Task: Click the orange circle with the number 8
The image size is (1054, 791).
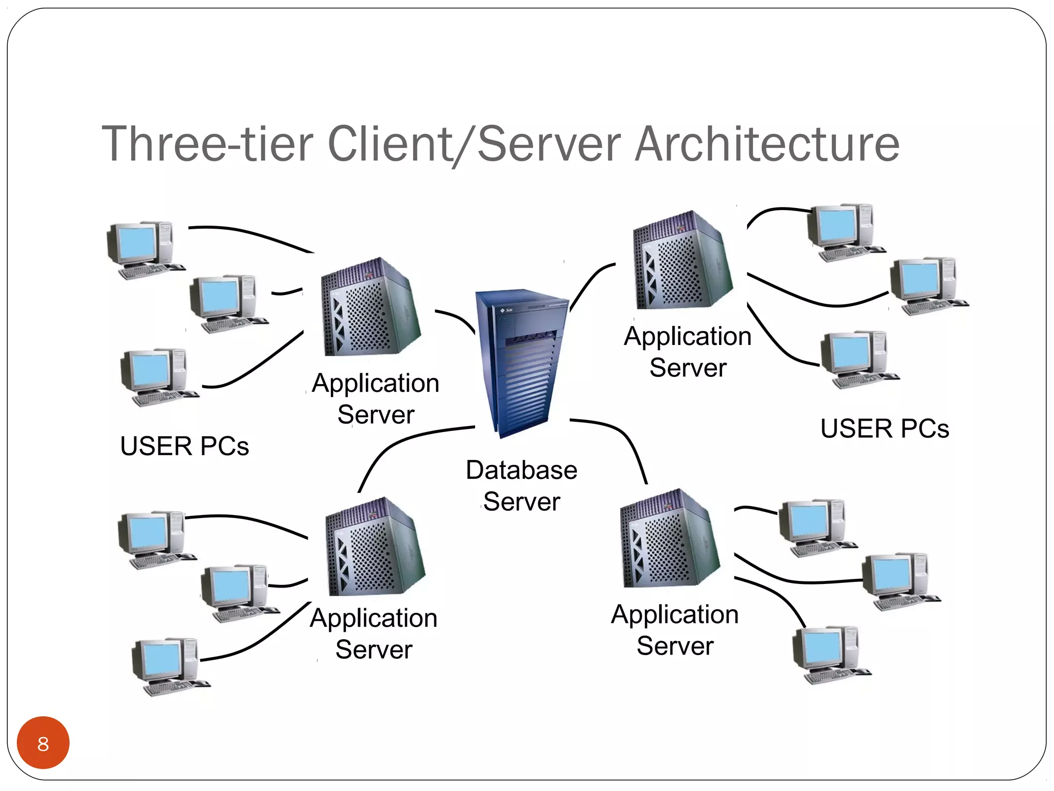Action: (43, 743)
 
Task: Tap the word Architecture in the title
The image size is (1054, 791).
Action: (767, 144)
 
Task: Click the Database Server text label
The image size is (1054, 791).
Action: (521, 485)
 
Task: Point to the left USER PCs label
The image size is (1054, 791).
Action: (184, 446)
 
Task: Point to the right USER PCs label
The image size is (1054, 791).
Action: (884, 428)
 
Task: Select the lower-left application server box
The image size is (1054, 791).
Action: (375, 548)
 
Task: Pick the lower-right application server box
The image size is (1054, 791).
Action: (669, 540)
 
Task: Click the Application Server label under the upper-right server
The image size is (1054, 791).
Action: (688, 352)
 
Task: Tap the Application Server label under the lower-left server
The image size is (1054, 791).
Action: (374, 633)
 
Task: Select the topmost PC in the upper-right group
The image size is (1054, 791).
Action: (844, 232)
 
